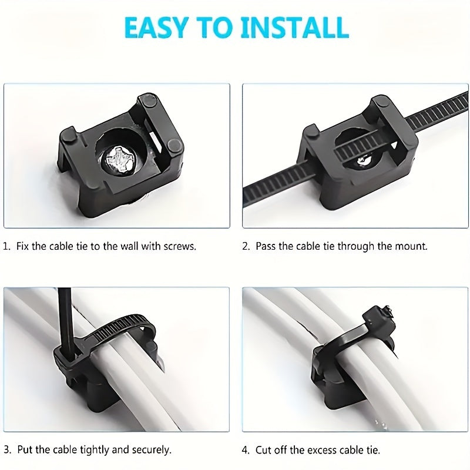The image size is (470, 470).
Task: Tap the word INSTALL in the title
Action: coord(295,28)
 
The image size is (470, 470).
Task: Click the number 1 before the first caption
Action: coord(6,246)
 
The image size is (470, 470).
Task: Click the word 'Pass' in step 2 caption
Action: coord(266,246)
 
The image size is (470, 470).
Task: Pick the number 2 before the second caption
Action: coord(246,246)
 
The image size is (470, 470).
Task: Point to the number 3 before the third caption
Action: coord(7,449)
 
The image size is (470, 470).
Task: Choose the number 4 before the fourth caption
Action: coord(246,450)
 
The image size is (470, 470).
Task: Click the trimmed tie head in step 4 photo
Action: coord(378,318)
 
